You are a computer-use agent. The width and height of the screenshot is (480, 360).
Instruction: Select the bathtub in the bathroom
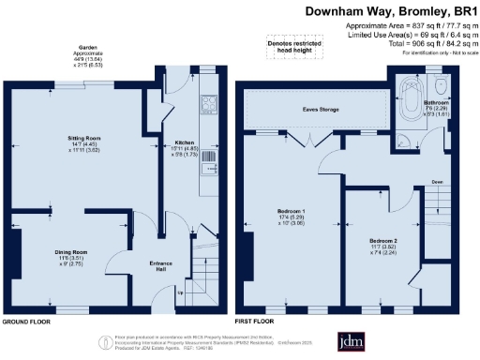pos(411,100)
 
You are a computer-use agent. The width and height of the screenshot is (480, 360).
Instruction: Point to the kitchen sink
pos(211,158)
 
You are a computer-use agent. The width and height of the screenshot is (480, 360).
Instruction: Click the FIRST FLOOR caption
pos(260,320)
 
